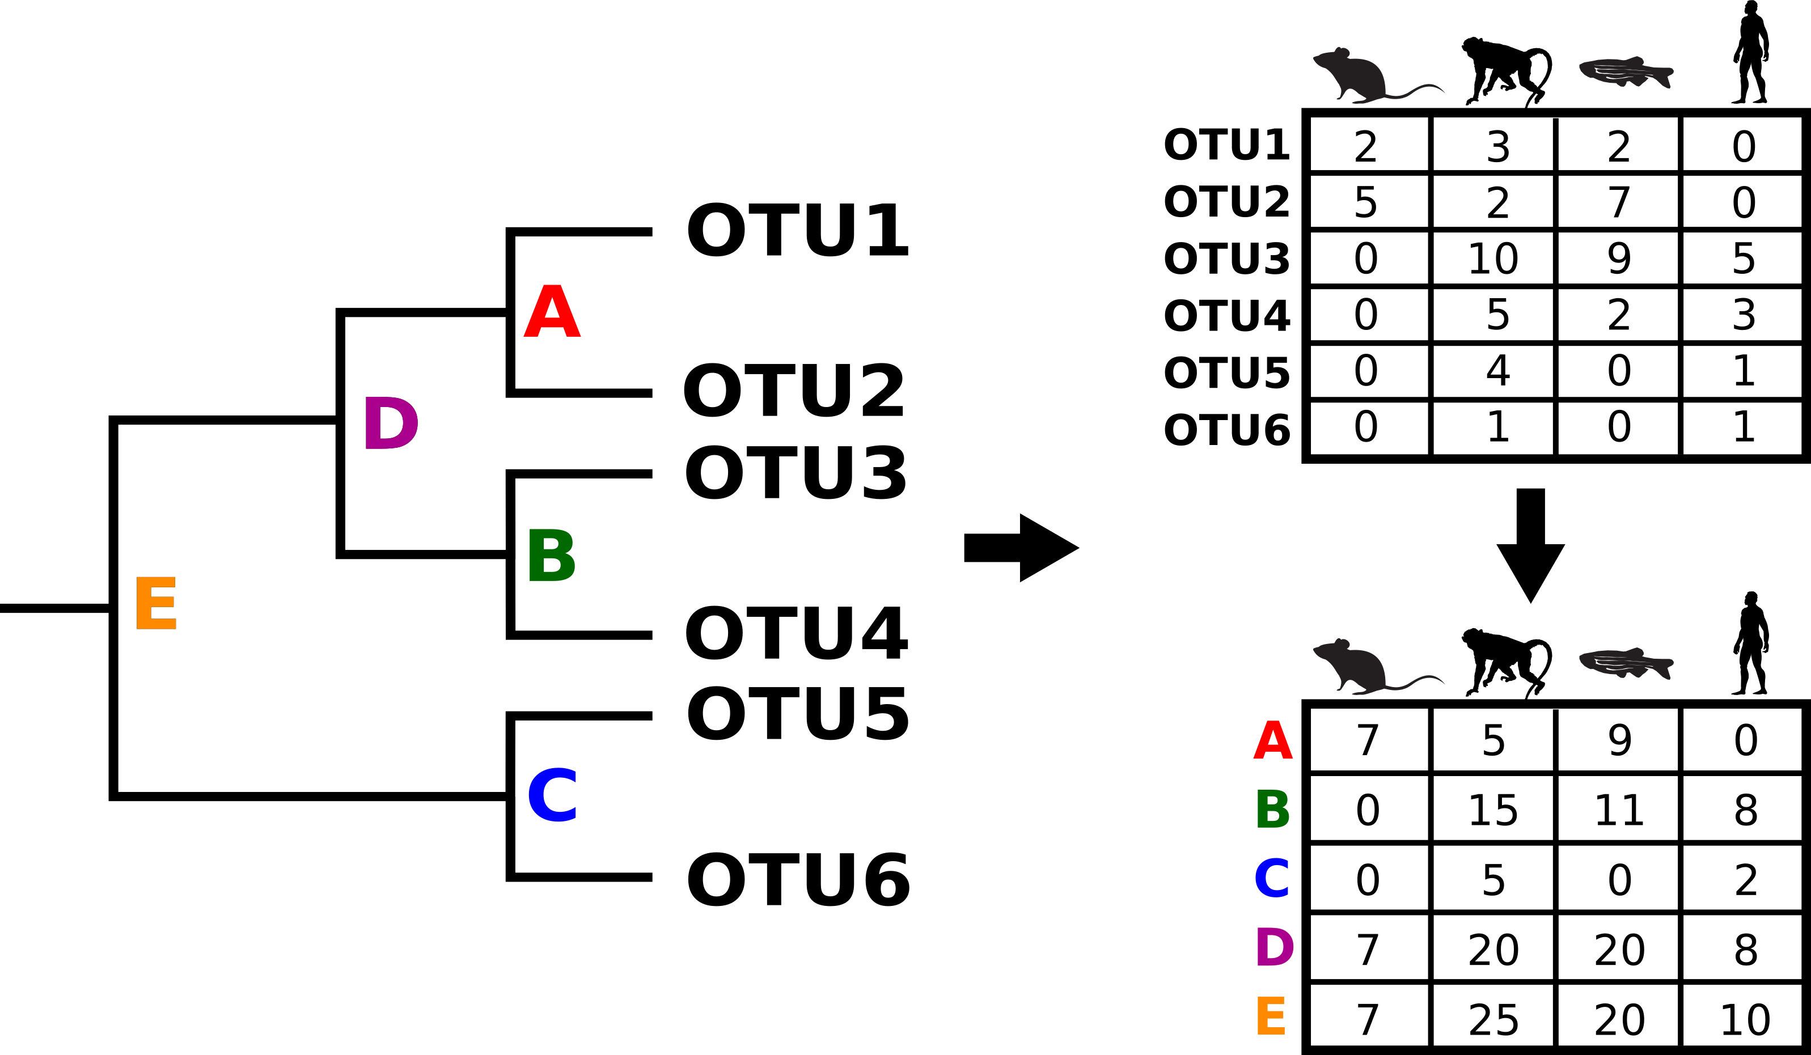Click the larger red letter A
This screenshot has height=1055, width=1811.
point(552,311)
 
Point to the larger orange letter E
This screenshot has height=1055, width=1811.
point(156,603)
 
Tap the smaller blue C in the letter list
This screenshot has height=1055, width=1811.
point(1272,878)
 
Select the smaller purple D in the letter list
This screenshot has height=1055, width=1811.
point(1274,947)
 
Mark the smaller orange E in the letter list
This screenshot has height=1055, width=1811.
point(1271,1016)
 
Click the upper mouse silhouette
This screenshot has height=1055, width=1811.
point(1355,75)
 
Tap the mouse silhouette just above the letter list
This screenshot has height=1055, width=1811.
point(1355,666)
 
